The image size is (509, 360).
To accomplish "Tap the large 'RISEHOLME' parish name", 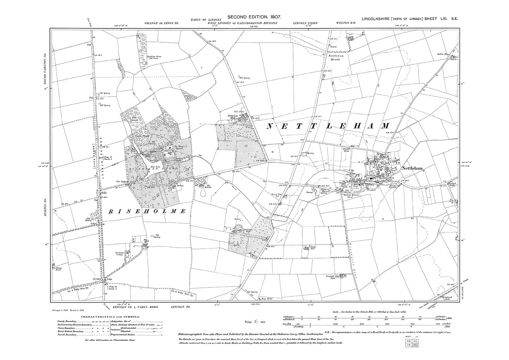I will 148,211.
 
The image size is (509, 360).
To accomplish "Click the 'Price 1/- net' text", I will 254,322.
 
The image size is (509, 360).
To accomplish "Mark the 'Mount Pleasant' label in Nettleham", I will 393,186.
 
